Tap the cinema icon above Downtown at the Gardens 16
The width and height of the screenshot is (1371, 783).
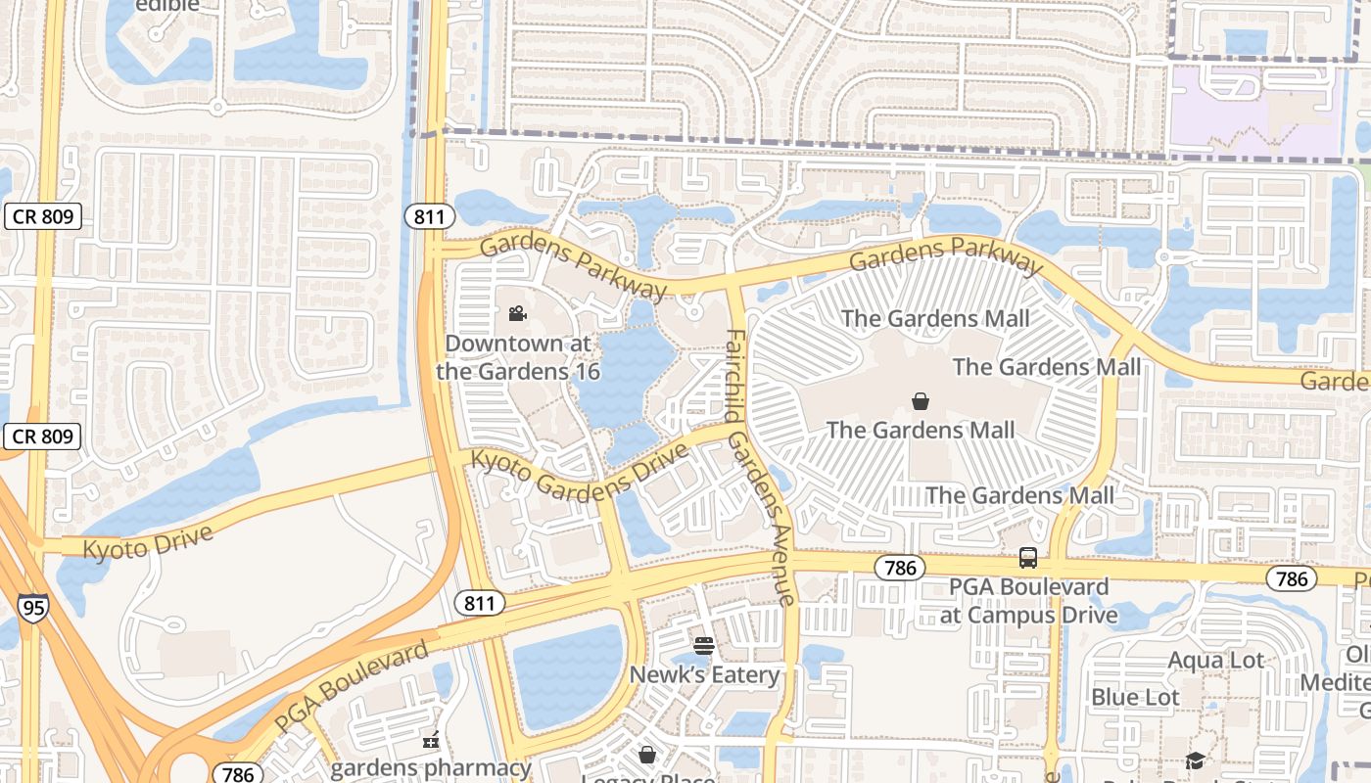517,314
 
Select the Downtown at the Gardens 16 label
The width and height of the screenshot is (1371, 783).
518,357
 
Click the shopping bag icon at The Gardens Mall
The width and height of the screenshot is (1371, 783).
921,401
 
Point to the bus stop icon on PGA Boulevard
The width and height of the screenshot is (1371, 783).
1027,558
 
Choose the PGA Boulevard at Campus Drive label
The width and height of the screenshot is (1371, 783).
1028,601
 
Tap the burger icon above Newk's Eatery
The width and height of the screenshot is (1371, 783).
703,646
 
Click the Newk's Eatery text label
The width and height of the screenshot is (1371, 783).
704,674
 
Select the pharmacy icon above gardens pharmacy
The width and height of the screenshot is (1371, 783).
430,741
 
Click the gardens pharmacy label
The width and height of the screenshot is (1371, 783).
430,767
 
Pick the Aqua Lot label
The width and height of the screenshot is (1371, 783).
1215,661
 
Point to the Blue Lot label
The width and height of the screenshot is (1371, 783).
1135,697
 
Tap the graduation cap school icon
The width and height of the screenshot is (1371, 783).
1195,760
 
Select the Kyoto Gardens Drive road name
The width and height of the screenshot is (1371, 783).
579,474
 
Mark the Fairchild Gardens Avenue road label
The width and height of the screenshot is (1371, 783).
760,468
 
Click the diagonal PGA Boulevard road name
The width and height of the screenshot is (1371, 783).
352,687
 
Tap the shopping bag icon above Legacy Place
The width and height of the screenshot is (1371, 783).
646,755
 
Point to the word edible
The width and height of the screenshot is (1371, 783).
167,6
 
